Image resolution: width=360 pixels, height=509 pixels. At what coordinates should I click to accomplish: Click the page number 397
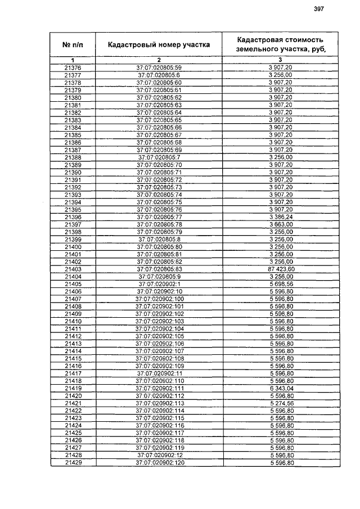point(319,9)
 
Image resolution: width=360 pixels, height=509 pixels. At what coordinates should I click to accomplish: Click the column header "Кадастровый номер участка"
point(159,44)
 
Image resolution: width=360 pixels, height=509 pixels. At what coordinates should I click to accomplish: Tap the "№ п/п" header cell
point(73,44)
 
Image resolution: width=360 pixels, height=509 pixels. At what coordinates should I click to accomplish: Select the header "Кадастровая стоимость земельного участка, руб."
point(280,44)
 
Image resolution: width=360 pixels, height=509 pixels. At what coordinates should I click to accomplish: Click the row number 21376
point(73,67)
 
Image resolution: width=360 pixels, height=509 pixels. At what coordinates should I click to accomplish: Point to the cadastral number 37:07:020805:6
point(159,75)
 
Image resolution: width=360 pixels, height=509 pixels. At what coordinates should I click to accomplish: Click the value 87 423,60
point(280,269)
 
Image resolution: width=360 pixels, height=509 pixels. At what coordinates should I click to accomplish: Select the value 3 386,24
point(280,217)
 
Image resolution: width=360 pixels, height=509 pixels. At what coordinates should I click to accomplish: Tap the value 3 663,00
point(280,224)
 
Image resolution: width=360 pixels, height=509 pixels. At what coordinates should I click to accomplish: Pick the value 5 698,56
point(280,284)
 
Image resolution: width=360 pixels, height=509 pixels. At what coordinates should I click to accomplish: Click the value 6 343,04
point(280,389)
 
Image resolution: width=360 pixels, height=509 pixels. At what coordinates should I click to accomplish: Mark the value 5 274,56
point(280,403)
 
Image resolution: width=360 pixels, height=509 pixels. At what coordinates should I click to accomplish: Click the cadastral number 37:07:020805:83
point(159,269)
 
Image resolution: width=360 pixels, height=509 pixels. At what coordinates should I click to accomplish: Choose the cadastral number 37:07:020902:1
point(159,284)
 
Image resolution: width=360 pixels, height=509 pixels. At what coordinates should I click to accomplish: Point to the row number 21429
point(73,463)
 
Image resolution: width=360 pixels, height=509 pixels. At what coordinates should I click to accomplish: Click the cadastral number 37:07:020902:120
point(159,463)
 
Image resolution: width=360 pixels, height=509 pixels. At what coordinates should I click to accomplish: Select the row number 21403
point(73,269)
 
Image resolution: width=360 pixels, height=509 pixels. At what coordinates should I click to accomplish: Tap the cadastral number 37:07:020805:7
point(159,157)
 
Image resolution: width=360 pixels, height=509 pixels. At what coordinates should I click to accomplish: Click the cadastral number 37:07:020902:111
point(159,389)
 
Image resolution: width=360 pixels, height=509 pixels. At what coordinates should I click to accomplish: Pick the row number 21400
point(73,246)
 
